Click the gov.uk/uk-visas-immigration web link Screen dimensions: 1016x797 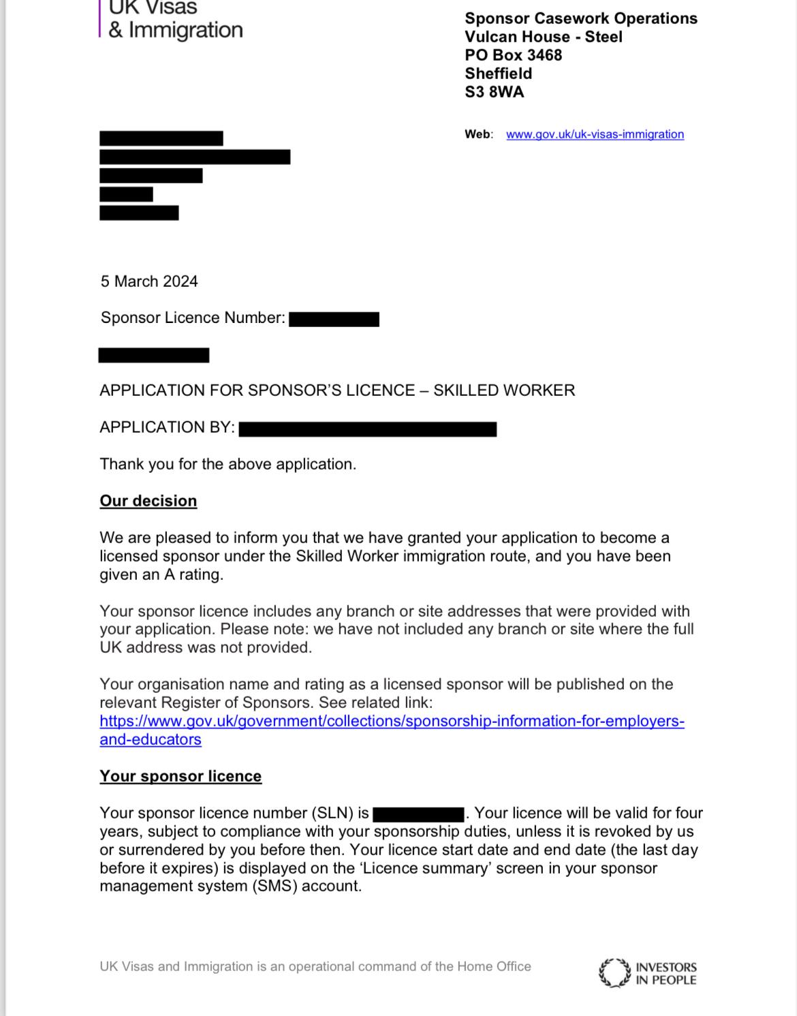click(595, 134)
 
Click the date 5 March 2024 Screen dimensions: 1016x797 click(149, 281)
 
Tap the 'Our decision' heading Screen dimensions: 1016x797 click(149, 501)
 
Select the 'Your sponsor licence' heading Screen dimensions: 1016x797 click(181, 776)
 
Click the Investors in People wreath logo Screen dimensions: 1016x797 click(614, 973)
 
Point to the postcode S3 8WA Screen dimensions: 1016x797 click(495, 92)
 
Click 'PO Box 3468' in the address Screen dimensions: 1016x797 click(514, 55)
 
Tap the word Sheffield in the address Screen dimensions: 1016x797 click(499, 74)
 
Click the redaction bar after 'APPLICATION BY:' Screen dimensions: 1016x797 click(368, 429)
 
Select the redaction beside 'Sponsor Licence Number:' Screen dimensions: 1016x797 click(334, 319)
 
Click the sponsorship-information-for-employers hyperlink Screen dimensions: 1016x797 click(392, 721)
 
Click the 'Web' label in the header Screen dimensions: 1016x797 click(478, 134)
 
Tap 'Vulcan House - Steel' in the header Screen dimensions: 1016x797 click(544, 37)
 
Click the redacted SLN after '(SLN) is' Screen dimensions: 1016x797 click(418, 814)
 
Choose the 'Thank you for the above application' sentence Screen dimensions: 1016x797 click(228, 464)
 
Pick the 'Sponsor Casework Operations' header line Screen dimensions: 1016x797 click(581, 18)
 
